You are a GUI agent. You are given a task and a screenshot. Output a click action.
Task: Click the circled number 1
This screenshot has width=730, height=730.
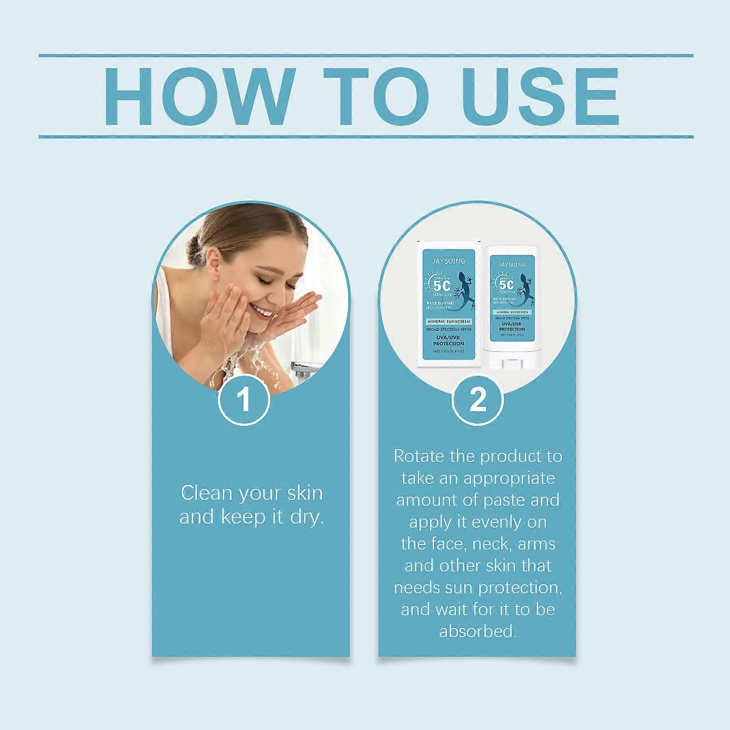point(245,400)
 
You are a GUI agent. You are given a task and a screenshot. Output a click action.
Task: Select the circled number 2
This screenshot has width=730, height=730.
point(478,400)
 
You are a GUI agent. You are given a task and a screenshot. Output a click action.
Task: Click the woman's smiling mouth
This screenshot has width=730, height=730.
point(262,313)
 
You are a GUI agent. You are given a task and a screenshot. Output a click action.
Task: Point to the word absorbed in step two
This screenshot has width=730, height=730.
point(478,631)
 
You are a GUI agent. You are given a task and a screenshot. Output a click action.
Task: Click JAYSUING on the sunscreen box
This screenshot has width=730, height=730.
point(449,261)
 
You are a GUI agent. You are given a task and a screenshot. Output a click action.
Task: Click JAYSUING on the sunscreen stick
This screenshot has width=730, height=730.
point(512,265)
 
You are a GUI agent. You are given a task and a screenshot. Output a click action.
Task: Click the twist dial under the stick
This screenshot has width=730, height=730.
point(512,364)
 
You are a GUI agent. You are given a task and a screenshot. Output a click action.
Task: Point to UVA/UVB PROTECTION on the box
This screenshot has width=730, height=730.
point(448,340)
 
